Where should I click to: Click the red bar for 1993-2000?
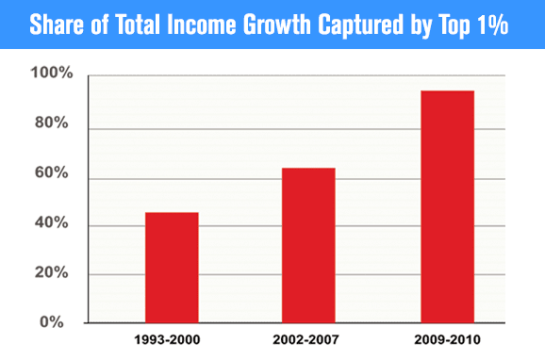(172, 268)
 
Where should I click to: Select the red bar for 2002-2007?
(308, 245)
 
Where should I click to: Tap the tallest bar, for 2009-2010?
(447, 206)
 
